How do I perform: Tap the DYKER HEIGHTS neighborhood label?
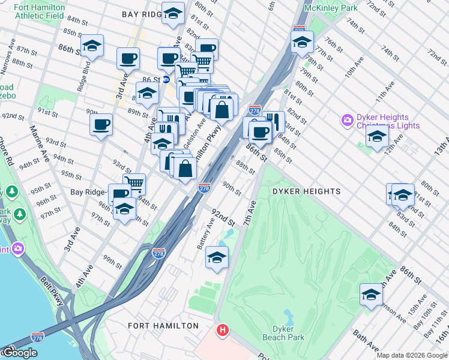306,191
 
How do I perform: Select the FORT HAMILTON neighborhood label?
163,326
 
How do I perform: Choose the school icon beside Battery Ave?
217,258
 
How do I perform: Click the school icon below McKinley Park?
302,42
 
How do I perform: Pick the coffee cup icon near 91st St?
101,124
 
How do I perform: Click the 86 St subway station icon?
166,79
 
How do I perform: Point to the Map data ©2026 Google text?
411,355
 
